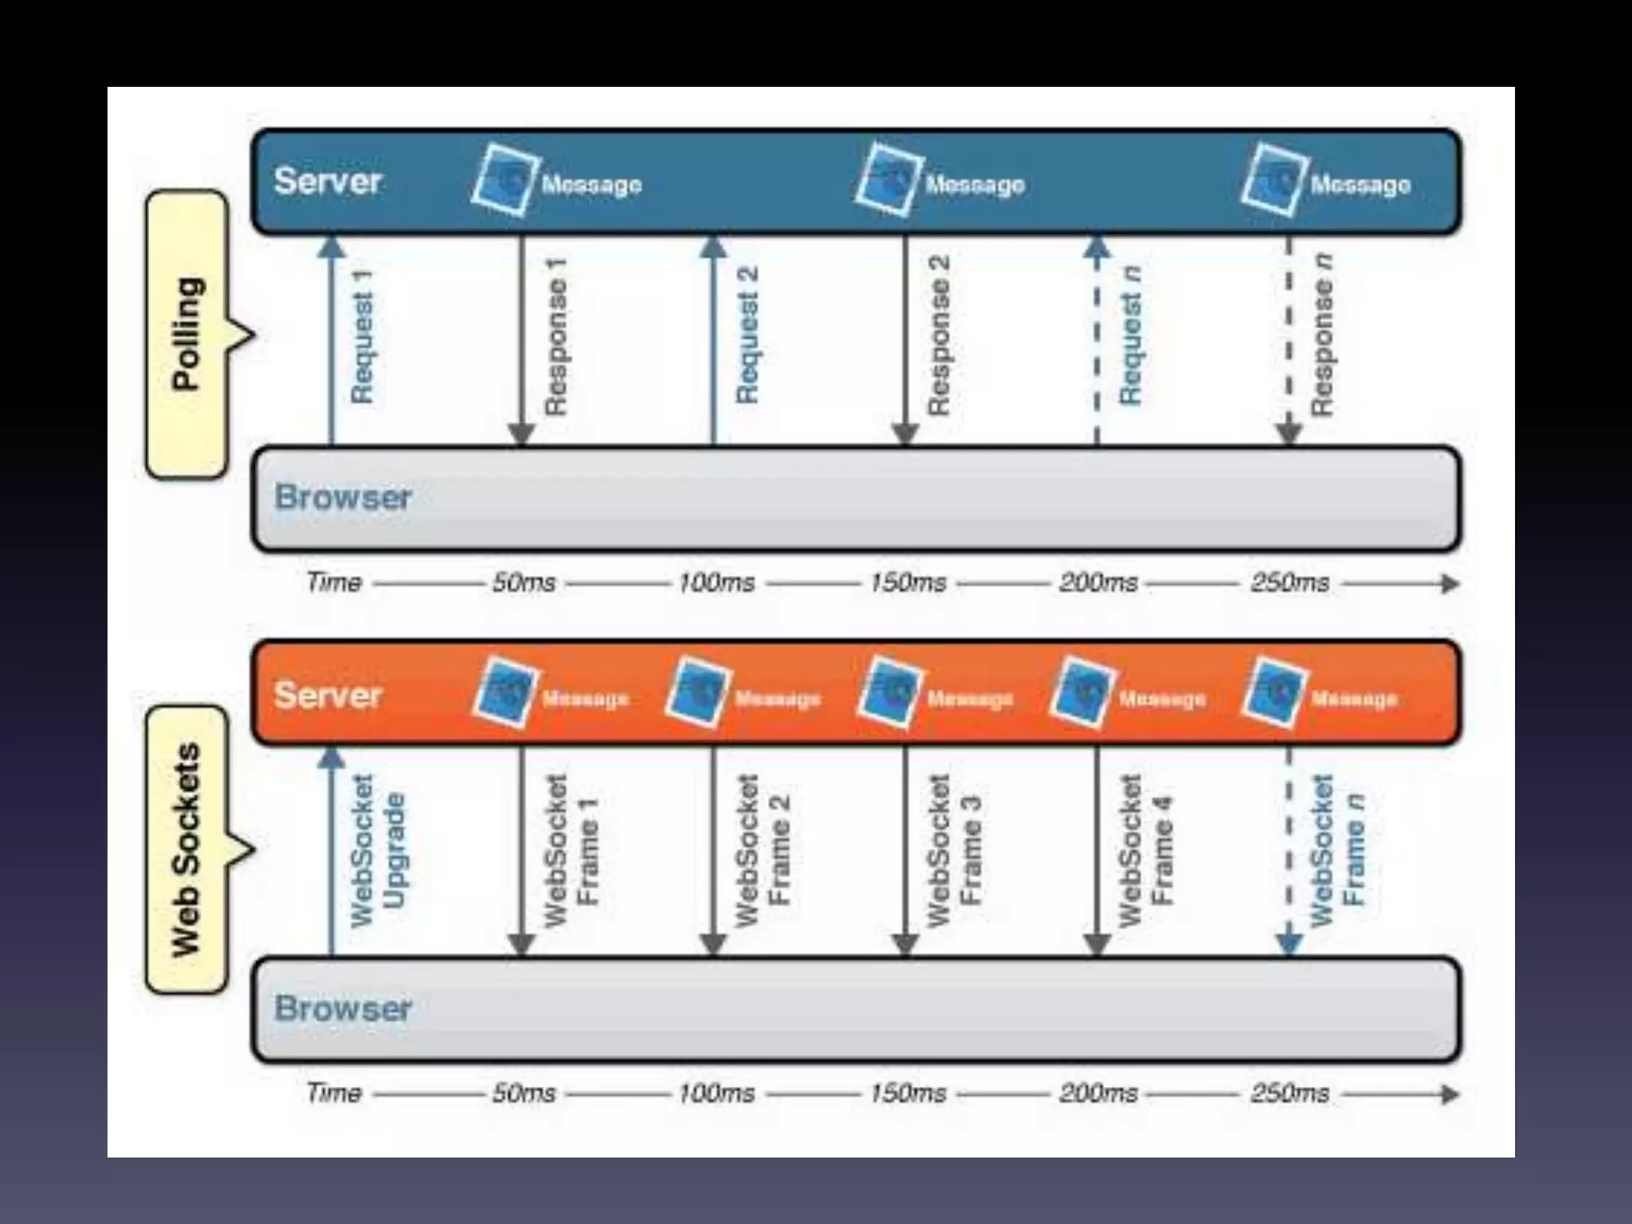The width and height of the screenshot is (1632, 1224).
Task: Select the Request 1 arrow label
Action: tap(362, 336)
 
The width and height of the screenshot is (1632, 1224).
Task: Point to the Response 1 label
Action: tap(555, 336)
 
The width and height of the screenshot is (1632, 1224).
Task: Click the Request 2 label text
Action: tap(747, 336)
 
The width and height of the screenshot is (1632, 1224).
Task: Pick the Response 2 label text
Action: tap(939, 336)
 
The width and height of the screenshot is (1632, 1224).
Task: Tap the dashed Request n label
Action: tap(1131, 336)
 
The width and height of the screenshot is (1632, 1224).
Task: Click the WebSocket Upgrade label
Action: tap(378, 849)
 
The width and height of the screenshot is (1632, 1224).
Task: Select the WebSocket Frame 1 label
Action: tap(571, 849)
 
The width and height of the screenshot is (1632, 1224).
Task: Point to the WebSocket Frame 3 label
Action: tap(954, 849)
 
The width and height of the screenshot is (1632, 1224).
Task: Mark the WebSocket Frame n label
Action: tap(1338, 849)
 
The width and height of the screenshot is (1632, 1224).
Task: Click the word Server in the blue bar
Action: tap(328, 181)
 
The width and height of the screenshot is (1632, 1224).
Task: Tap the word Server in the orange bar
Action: tap(328, 695)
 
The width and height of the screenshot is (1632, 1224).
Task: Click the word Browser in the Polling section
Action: tap(343, 497)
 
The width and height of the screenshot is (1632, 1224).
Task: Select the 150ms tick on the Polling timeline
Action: tap(908, 583)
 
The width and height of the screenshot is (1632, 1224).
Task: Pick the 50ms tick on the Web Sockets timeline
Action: tap(524, 1093)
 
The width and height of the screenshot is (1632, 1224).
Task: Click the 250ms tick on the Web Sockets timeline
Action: tap(1289, 1093)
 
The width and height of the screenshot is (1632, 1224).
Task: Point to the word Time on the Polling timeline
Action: tap(334, 583)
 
